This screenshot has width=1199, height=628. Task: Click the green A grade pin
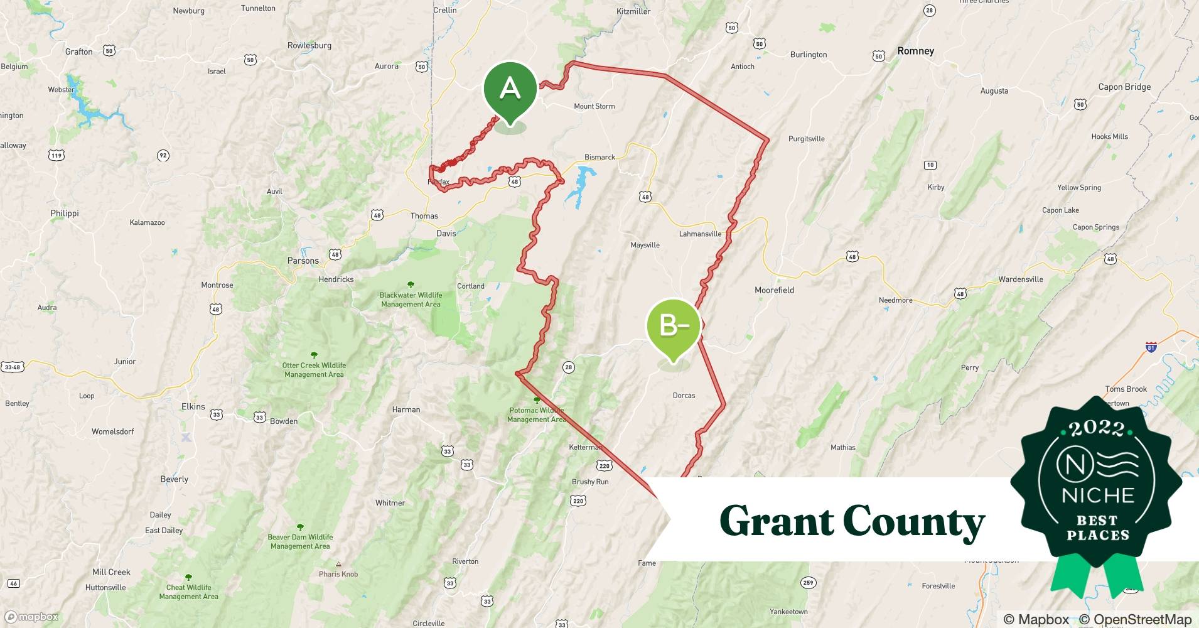[x=510, y=89]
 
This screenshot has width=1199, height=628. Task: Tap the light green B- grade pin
[x=674, y=326]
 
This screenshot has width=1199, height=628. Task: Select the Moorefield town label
[x=774, y=290]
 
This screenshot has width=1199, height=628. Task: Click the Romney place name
[x=915, y=51]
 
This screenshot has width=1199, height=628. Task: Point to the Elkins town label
[x=193, y=406]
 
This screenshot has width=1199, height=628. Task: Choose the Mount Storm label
[x=594, y=106]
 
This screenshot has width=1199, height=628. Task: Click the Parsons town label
[x=303, y=261]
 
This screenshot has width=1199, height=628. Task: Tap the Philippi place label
[x=65, y=213]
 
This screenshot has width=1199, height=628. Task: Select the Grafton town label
[x=79, y=51]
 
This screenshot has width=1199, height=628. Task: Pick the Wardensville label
[x=1021, y=279]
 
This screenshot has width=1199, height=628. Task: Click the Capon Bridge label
[x=1124, y=87]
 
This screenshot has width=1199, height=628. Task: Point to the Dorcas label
[x=684, y=396]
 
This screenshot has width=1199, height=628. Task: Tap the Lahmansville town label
[x=700, y=234]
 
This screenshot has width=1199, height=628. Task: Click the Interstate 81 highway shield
[x=1151, y=347]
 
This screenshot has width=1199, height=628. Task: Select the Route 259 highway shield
[x=808, y=583]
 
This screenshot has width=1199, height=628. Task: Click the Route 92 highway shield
[x=163, y=155]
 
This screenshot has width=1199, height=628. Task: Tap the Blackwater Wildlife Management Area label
[x=411, y=300]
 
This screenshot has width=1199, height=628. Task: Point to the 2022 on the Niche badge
[x=1097, y=428]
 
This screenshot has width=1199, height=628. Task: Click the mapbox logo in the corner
[x=32, y=617]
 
